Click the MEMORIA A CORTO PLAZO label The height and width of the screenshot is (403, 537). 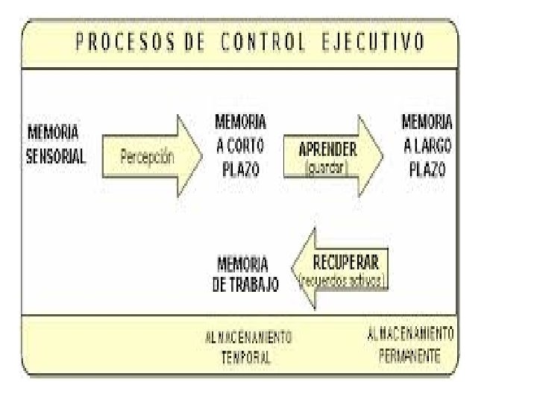(x=240, y=145)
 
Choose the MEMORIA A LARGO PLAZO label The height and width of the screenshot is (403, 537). (x=427, y=145)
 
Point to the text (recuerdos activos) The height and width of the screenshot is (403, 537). (x=342, y=282)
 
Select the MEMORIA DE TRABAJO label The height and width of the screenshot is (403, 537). (x=245, y=274)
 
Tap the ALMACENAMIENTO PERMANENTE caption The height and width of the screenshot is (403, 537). (x=409, y=344)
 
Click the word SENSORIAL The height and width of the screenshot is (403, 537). (x=56, y=157)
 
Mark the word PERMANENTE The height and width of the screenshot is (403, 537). (x=409, y=354)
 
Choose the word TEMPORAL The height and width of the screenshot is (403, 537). (x=246, y=357)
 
